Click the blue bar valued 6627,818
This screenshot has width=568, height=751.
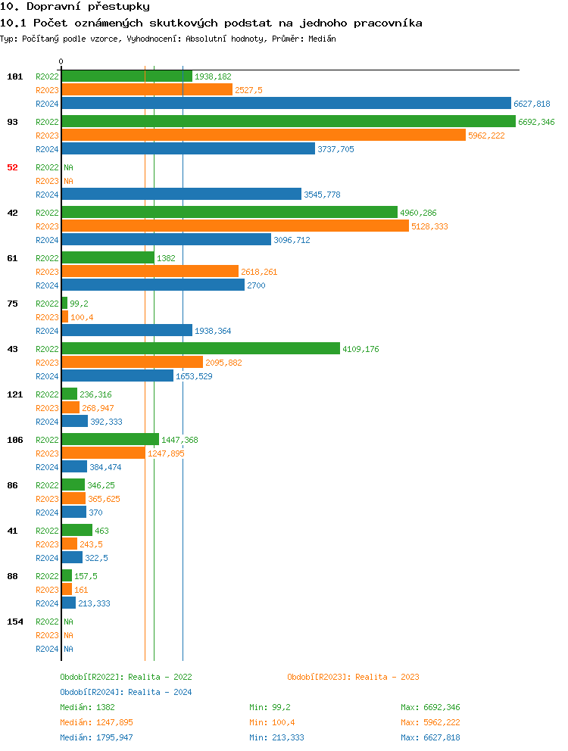(x=286, y=104)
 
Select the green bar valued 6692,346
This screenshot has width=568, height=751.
(x=288, y=122)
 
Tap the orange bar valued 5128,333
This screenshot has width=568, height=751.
(x=235, y=226)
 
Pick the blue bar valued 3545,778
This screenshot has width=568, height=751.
(x=181, y=195)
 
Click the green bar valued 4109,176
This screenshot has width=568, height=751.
(x=201, y=349)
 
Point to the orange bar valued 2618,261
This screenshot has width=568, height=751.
(x=150, y=272)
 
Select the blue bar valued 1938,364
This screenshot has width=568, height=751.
(x=126, y=331)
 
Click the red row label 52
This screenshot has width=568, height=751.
(x=12, y=167)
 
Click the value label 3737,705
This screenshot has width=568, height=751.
(x=335, y=149)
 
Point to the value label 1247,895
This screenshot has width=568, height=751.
(x=166, y=453)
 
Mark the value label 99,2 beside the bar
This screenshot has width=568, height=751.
(x=79, y=304)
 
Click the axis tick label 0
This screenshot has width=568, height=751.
(x=61, y=61)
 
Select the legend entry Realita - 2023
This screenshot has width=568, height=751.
(x=353, y=677)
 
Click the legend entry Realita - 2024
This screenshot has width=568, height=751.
(x=126, y=692)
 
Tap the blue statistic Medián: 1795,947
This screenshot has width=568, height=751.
(x=96, y=737)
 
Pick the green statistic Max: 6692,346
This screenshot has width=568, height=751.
(x=430, y=707)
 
